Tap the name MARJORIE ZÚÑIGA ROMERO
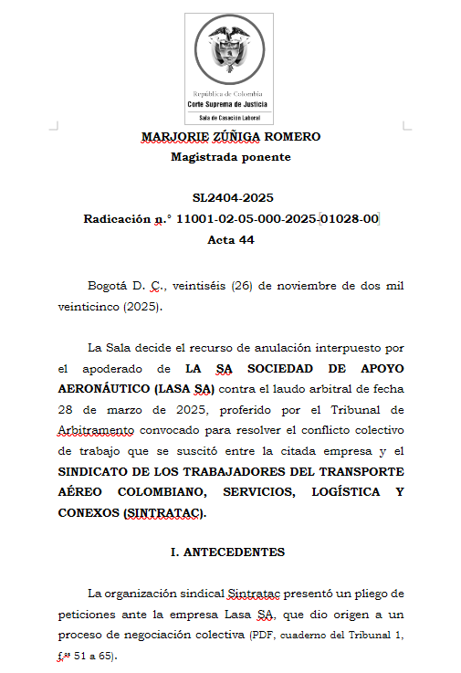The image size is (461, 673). [x=231, y=137]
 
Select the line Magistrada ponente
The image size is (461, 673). [x=231, y=156]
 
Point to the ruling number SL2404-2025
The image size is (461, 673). [x=232, y=198]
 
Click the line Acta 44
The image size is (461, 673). [x=231, y=240]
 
